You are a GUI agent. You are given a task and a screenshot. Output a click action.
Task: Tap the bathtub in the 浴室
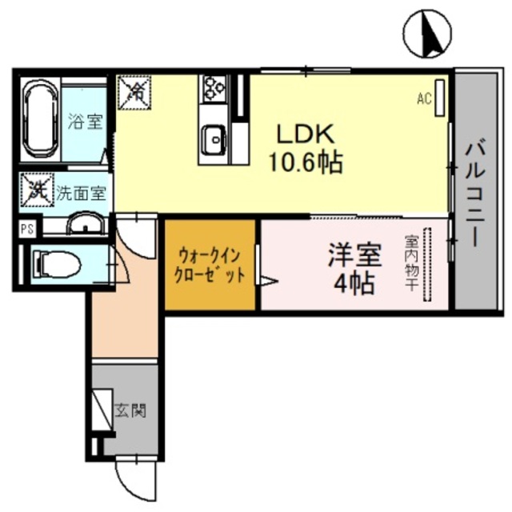(38, 120)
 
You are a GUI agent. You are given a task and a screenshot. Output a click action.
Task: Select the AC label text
(424, 99)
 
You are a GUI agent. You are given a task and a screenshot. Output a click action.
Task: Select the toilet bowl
(57, 262)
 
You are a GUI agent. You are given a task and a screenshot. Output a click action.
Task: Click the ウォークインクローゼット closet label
(210, 264)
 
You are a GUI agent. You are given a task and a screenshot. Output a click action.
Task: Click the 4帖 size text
(352, 283)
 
